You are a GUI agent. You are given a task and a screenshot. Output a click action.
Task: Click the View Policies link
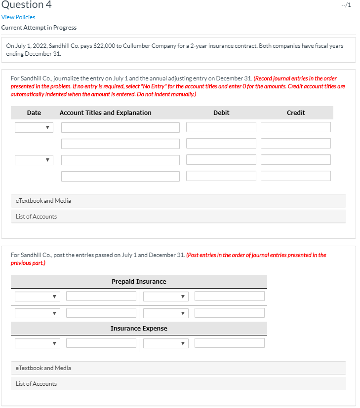[x=18, y=17]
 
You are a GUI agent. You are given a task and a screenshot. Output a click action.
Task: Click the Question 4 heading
[x=26, y=5]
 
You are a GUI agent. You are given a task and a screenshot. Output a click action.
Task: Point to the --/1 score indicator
[x=346, y=5]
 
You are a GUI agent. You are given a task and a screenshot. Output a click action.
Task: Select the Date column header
[x=34, y=113]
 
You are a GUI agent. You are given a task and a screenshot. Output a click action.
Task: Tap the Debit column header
[x=221, y=113]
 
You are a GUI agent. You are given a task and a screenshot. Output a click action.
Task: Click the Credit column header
[x=296, y=113]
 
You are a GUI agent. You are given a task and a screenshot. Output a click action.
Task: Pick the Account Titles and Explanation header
[x=105, y=113]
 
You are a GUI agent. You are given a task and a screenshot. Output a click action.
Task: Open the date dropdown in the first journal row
[x=34, y=127]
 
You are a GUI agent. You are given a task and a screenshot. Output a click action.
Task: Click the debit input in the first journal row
[x=221, y=127]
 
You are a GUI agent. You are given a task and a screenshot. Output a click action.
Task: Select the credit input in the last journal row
[x=296, y=176]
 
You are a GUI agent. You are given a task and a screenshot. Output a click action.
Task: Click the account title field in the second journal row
[x=120, y=144]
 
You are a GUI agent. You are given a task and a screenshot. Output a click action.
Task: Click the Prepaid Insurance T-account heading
[x=139, y=282]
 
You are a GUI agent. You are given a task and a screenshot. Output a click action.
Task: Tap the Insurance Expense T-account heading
[x=139, y=329]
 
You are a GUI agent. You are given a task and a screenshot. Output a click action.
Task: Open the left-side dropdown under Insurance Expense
[x=38, y=343]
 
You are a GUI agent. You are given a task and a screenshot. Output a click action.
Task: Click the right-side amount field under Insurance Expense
[x=230, y=343]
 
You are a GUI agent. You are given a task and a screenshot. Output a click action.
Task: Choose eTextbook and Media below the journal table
[x=43, y=201]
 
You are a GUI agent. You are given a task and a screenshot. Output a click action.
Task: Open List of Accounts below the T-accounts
[x=36, y=384]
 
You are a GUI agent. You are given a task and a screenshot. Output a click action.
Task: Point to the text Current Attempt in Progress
[x=39, y=28]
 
